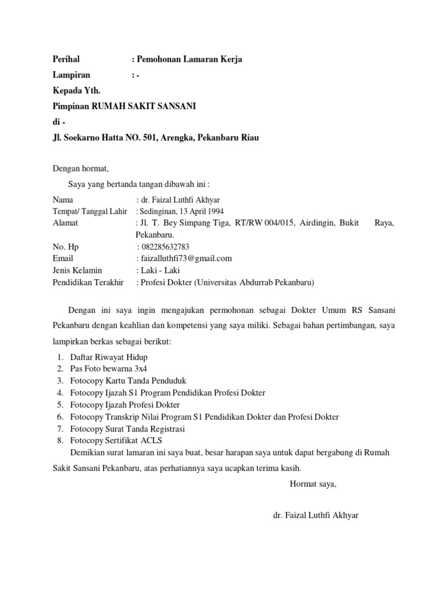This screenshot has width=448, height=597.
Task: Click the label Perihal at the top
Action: (x=66, y=59)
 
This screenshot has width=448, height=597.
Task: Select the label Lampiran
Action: (x=72, y=75)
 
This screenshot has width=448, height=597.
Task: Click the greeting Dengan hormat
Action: (x=80, y=169)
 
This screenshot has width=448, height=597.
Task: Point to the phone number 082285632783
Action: (x=165, y=247)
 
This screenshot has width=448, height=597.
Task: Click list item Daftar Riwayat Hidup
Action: (x=108, y=357)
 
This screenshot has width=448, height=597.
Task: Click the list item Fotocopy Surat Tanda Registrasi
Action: (x=127, y=429)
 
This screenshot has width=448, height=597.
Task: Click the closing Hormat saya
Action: (x=313, y=483)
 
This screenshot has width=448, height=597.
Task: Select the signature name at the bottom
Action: (x=316, y=516)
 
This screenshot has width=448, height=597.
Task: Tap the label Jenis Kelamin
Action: (x=77, y=271)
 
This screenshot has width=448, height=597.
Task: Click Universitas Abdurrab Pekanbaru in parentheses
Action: (x=255, y=283)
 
